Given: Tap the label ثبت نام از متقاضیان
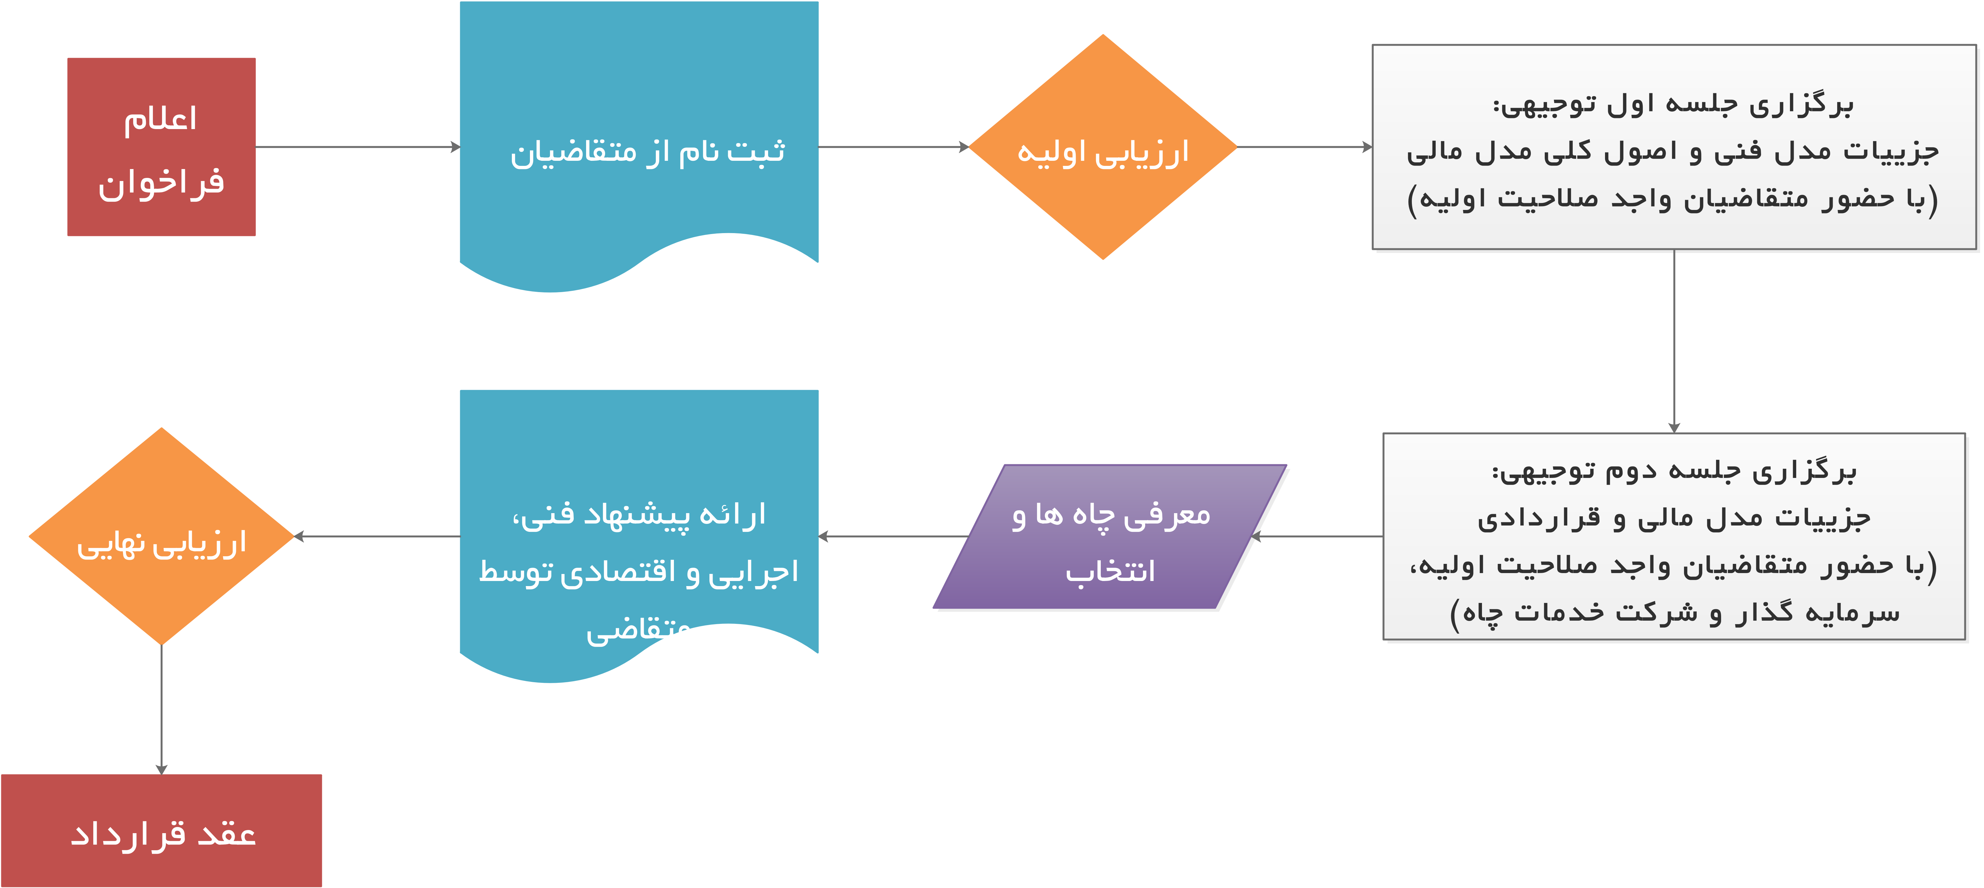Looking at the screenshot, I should tap(647, 151).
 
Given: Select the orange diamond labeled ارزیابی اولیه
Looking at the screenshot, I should tap(1103, 151).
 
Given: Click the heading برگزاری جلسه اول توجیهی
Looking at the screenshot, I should tap(1673, 104).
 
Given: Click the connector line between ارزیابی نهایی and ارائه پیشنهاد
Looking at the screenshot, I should tap(377, 536).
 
